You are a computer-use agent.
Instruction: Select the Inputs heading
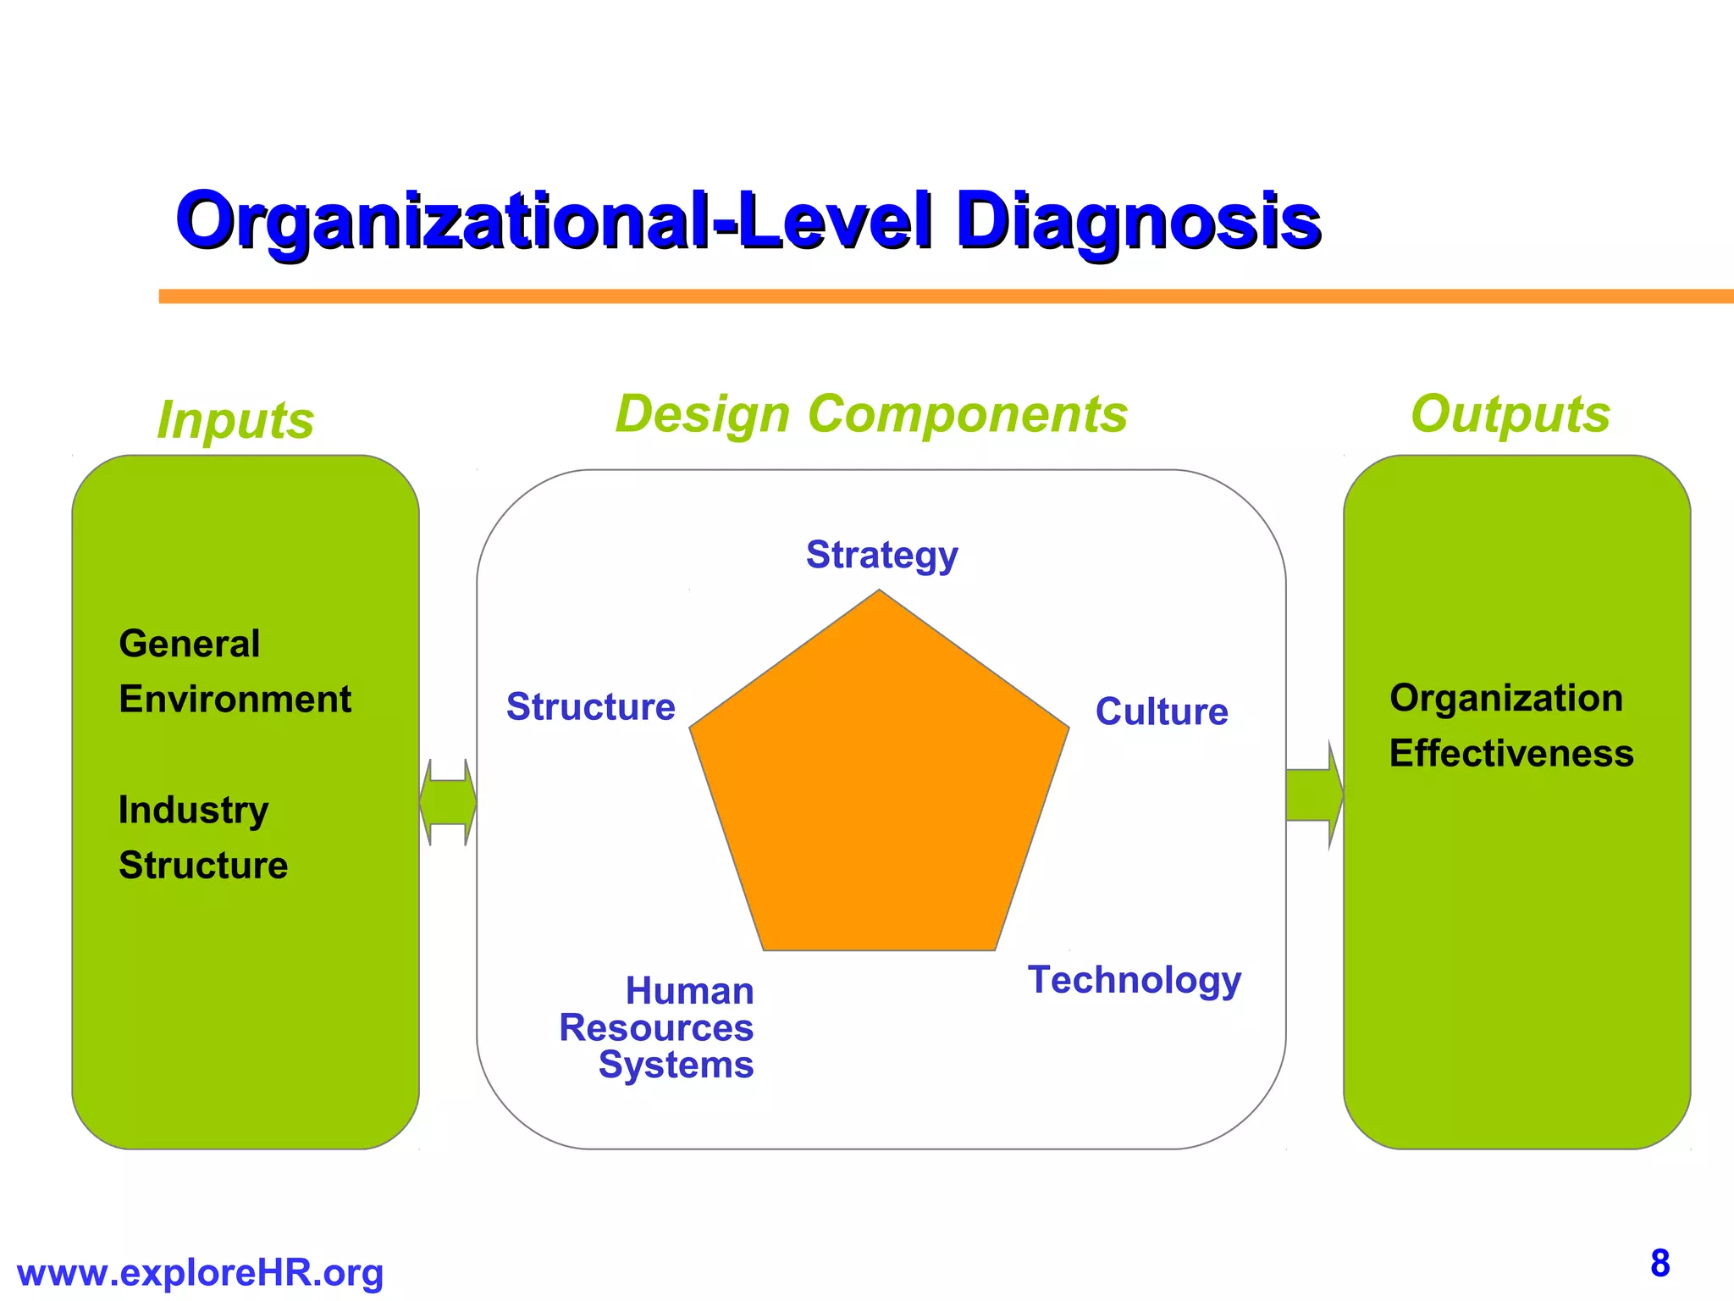[235, 420]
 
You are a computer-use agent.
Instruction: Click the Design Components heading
[871, 414]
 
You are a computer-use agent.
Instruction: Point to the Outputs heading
[1510, 414]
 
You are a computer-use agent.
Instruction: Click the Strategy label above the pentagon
[881, 556]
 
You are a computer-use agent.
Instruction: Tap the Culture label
[1161, 711]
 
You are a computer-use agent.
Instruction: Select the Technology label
[1135, 980]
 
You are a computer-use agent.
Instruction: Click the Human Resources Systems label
[657, 1027]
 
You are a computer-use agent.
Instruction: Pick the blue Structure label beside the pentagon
[590, 707]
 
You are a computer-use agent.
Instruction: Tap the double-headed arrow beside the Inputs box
[448, 801]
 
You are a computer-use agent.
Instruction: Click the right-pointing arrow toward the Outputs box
[1313, 795]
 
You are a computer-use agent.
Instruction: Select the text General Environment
[234, 672]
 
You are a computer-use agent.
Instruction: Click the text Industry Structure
[202, 838]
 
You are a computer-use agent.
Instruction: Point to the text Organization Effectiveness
[1510, 726]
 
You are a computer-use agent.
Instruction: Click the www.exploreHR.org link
[200, 1273]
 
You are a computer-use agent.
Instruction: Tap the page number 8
[1659, 1264]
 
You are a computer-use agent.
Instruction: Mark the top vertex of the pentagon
[880, 591]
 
